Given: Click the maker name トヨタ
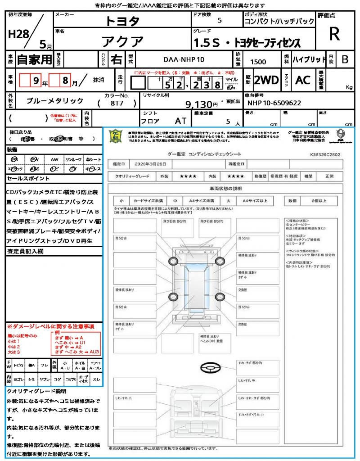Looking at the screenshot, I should pos(122,21).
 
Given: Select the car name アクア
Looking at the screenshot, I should pos(122,42).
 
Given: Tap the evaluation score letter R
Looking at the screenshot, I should pos(334,34).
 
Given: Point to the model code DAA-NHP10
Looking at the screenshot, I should pos(184,59).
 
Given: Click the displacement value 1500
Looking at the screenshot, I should pos(258,62).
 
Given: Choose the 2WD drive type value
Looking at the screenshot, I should pos(266,80).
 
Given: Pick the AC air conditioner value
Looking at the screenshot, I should pos(303,80).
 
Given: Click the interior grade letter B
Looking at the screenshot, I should pos(345,59).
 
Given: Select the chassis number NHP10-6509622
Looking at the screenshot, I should pos(274,103).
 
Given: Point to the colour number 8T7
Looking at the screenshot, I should pos(117,103).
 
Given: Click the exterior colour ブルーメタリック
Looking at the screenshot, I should pos(55,101).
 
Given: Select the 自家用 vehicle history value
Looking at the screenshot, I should pos(34,59).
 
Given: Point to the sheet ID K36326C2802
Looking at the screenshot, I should pos(325,154).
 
